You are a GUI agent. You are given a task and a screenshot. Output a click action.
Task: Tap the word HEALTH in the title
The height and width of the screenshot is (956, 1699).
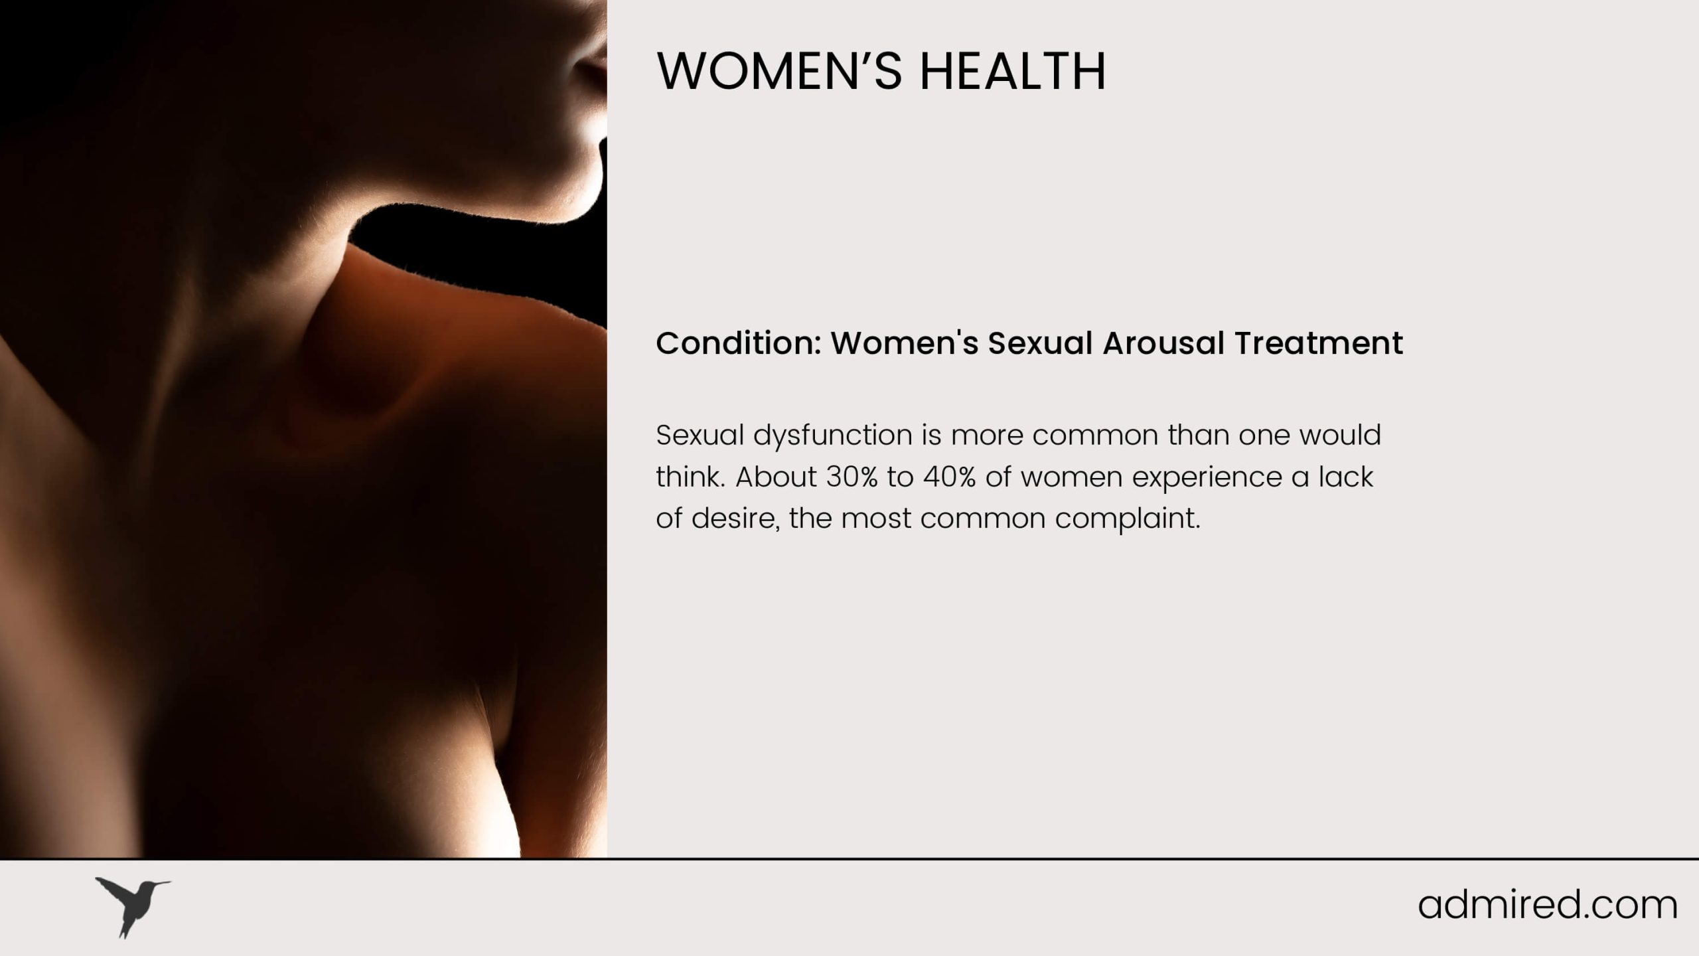pyautogui.click(x=1013, y=70)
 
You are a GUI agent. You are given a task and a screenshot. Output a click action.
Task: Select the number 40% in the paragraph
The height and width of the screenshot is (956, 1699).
pyautogui.click(x=949, y=477)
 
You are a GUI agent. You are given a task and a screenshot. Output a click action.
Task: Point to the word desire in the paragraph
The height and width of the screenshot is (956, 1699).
pyautogui.click(x=735, y=518)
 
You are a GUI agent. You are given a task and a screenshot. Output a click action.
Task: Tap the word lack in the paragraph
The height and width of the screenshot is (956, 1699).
pyautogui.click(x=1345, y=477)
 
